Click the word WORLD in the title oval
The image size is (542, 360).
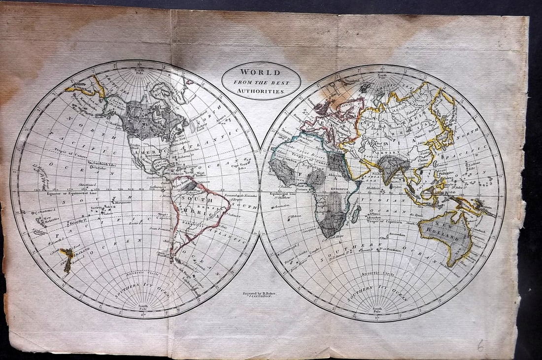pos(261,72)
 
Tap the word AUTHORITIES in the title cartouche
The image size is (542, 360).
pos(261,91)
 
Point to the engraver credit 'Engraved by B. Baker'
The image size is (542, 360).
pos(260,294)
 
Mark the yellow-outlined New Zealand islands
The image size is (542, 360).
pos(66,258)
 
